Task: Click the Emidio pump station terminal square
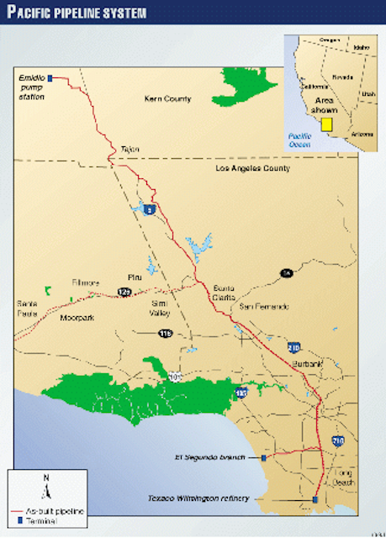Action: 50,78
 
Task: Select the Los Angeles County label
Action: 252,169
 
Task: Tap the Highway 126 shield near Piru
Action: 124,291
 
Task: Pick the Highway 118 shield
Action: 165,334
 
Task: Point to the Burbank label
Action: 309,364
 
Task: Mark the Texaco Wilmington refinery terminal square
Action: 314,499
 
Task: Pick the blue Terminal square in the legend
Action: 20,520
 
